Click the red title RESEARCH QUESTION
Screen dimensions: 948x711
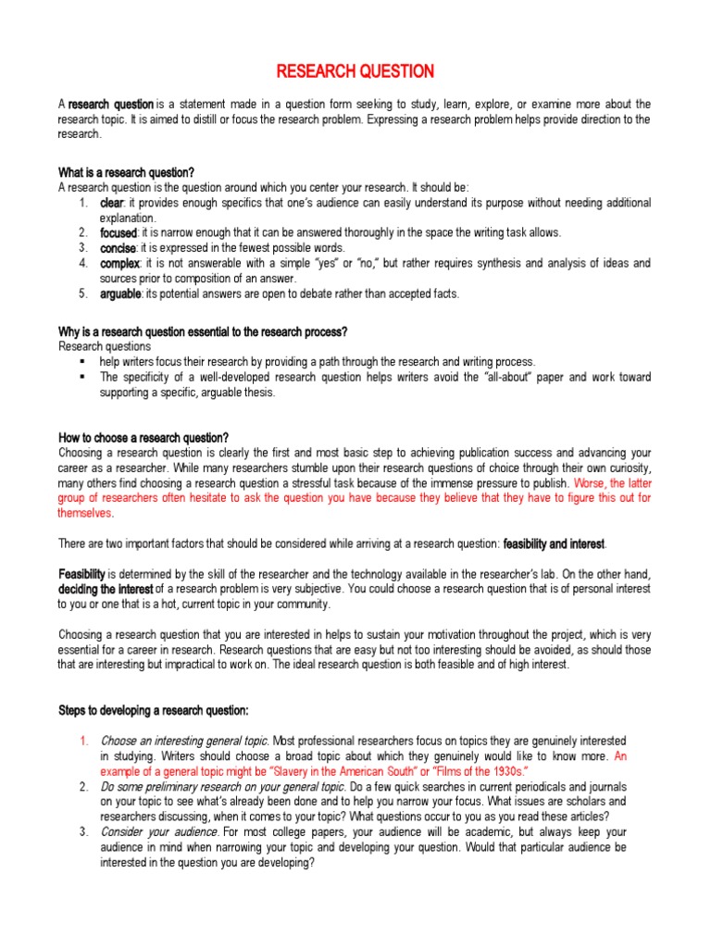[355, 71]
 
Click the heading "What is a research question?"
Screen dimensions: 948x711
[127, 172]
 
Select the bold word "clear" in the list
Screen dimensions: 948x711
[112, 203]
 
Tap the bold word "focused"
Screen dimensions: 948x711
[118, 232]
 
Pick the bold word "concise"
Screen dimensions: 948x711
[118, 248]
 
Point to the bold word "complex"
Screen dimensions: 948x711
[119, 264]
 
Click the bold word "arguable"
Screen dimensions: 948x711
[120, 293]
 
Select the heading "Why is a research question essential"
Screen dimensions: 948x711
[203, 331]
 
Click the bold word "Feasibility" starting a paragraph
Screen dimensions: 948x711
[82, 574]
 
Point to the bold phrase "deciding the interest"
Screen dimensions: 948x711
[106, 589]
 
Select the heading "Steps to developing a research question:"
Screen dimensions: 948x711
[154, 710]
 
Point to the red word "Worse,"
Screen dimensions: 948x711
[591, 482]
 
